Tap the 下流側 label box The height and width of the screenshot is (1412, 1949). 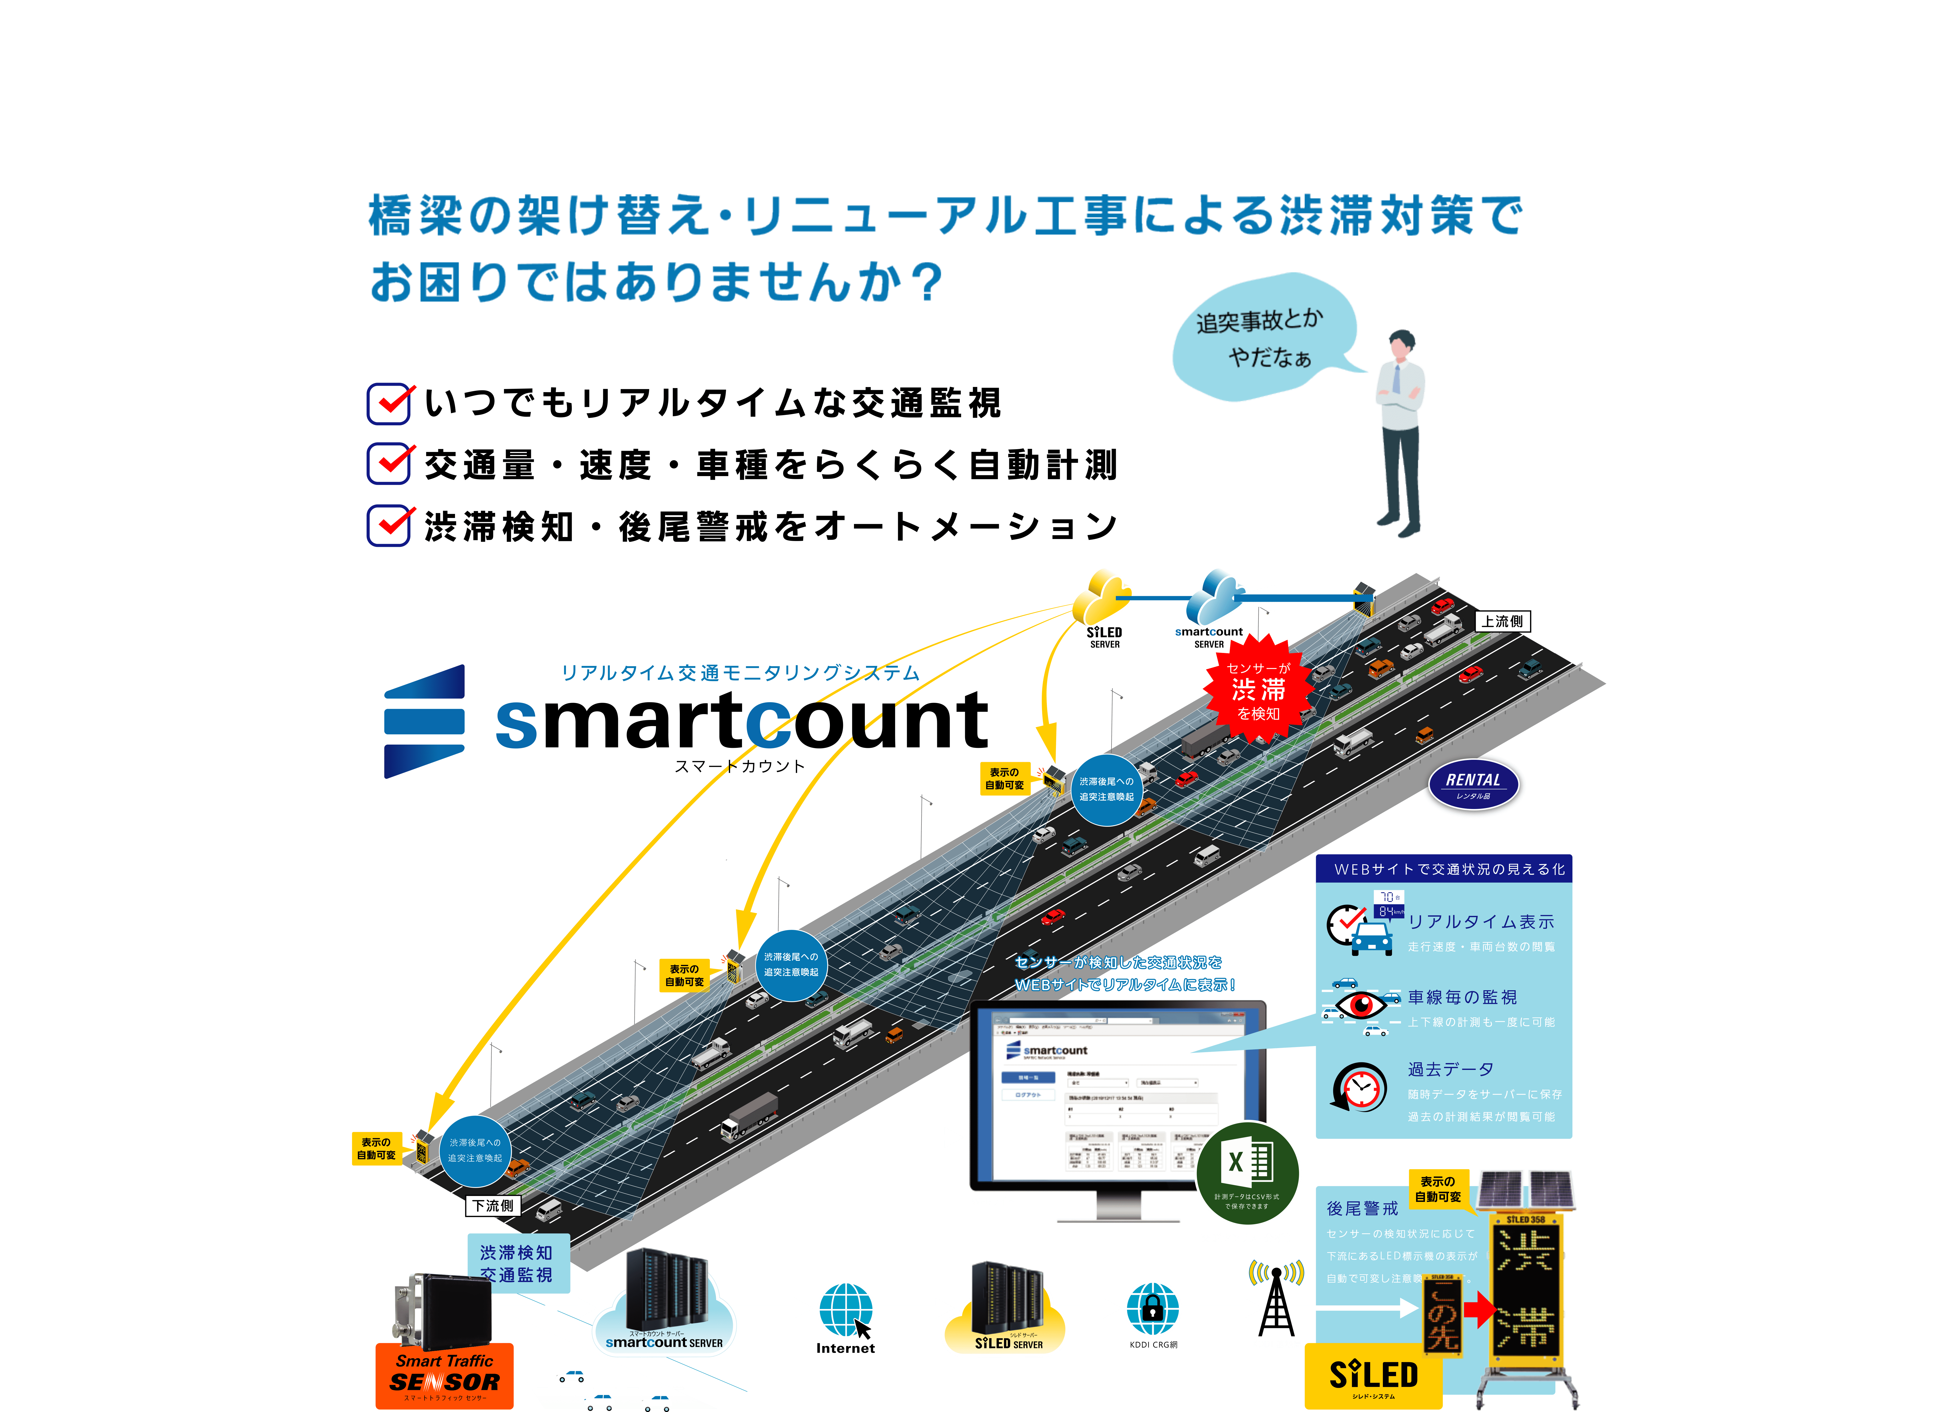493,1206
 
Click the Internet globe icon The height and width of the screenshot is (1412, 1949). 846,1309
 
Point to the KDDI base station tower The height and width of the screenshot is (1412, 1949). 1276,1302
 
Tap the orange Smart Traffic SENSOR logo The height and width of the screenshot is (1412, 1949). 444,1375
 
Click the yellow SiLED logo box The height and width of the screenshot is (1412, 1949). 1373,1376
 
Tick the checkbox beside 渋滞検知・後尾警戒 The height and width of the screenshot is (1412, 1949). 389,526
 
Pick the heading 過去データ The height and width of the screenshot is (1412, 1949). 1451,1069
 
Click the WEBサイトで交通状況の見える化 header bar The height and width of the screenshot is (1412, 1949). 1444,869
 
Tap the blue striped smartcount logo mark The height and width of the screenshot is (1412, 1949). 425,722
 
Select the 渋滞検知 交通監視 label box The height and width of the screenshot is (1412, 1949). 517,1263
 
